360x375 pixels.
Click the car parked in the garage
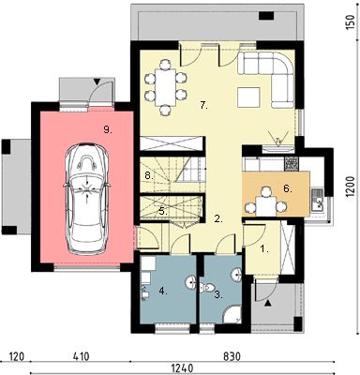[85, 193]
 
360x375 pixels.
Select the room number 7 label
[202, 106]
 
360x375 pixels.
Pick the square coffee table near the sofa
[249, 97]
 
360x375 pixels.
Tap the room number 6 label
[288, 188]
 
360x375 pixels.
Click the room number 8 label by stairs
[148, 175]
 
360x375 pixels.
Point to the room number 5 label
[162, 211]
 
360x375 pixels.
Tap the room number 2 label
[217, 219]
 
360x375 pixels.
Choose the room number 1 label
[264, 249]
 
